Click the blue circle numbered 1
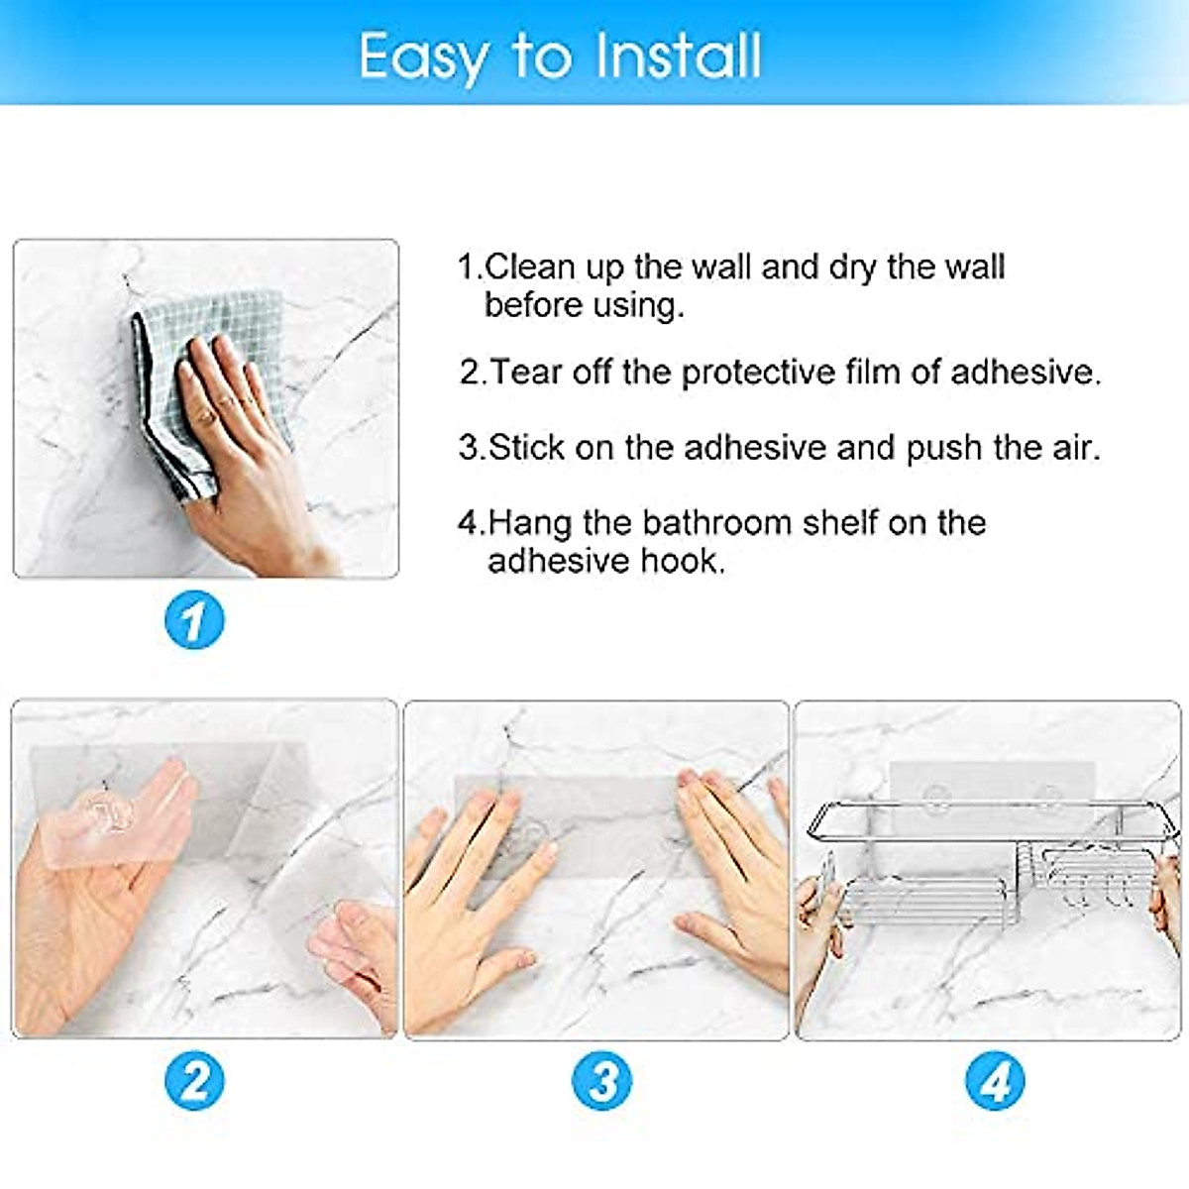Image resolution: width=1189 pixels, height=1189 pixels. pyautogui.click(x=193, y=620)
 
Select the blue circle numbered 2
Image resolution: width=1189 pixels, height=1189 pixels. pyautogui.click(x=194, y=1080)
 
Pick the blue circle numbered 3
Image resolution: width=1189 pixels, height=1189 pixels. pyautogui.click(x=602, y=1080)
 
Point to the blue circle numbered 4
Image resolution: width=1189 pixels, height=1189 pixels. pyautogui.click(x=995, y=1081)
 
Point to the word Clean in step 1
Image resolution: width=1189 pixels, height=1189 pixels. pyautogui.click(x=530, y=267)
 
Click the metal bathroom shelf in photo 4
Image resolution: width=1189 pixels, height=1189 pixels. pyautogui.click(x=991, y=862)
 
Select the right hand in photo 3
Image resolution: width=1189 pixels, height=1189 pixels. pyautogui.click(x=733, y=872)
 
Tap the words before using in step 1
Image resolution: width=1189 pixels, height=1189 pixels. pyautogui.click(x=584, y=305)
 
